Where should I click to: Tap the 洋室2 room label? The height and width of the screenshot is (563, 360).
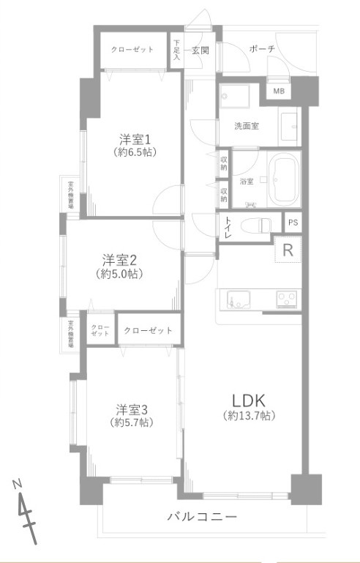119,260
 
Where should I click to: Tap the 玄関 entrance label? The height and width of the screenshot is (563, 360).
200,51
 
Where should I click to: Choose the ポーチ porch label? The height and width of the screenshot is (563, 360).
261,49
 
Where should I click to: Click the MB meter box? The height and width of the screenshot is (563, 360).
279,92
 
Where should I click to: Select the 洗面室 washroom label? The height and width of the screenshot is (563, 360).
245,126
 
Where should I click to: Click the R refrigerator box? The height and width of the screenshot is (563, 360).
288,250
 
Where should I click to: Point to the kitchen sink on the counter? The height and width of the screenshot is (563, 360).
238,299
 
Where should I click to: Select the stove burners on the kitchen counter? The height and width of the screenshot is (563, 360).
285,299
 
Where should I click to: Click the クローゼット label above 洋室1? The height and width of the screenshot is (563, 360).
132,49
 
